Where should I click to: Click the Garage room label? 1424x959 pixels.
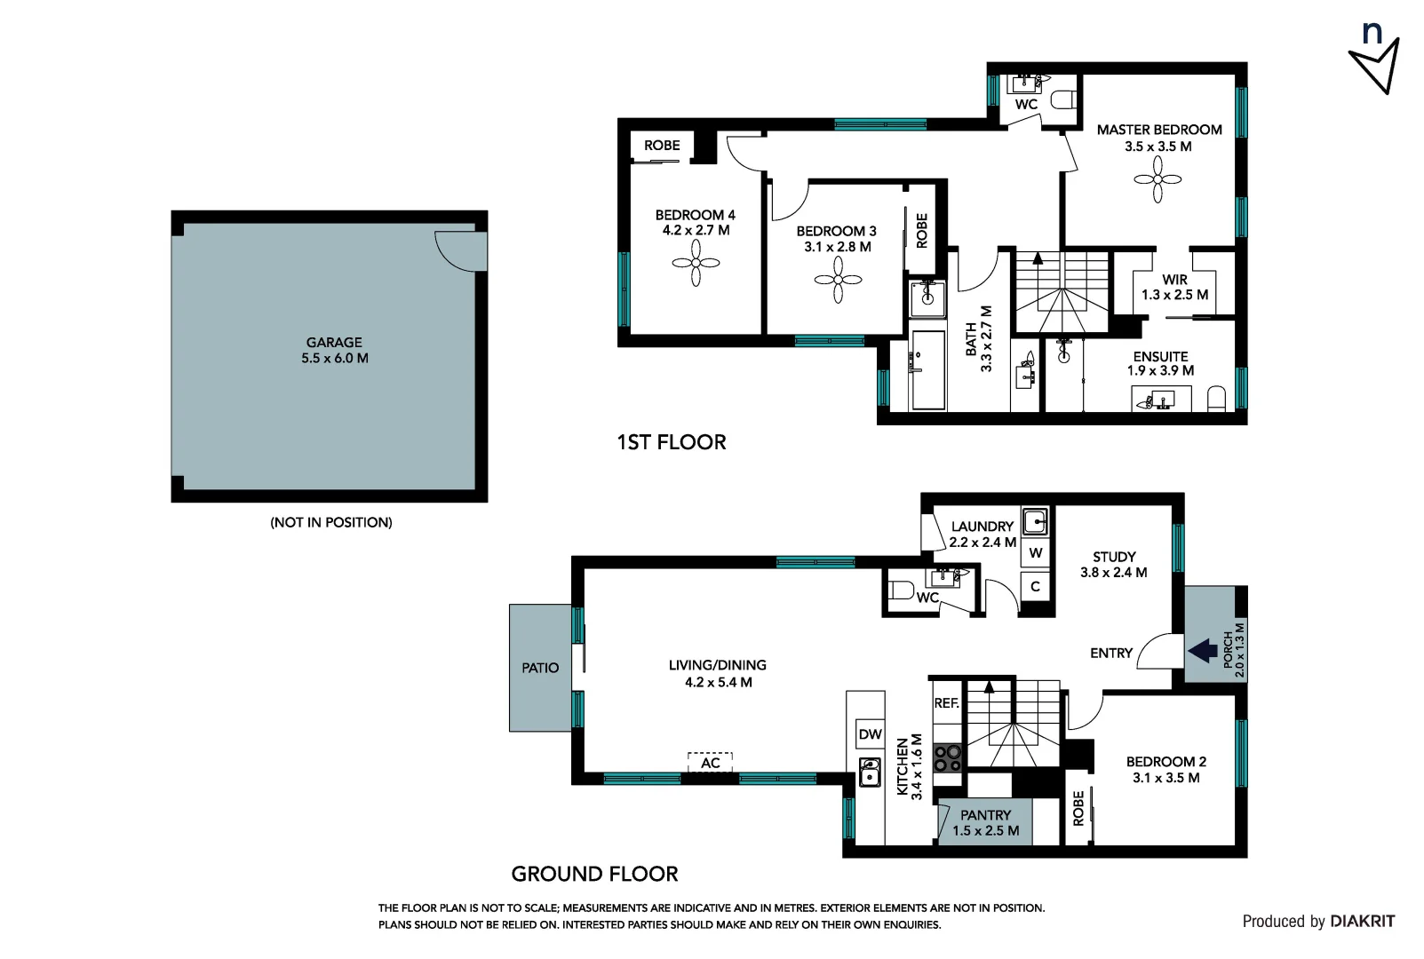click(334, 342)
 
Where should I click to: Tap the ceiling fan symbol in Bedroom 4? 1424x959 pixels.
click(696, 264)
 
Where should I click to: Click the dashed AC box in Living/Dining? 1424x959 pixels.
click(710, 763)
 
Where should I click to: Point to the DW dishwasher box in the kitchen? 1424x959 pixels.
click(870, 734)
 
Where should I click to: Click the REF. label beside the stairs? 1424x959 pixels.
click(946, 703)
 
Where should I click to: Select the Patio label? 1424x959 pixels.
click(540, 668)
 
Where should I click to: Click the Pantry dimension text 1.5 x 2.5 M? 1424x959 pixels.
click(985, 831)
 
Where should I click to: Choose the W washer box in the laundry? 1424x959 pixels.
click(1036, 553)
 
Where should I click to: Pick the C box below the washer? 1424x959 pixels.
click(1035, 587)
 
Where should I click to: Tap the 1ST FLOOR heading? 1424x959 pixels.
click(672, 442)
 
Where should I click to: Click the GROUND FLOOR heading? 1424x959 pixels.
click(594, 874)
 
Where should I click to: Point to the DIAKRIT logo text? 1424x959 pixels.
click(1362, 922)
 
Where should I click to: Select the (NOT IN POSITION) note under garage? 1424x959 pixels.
click(330, 522)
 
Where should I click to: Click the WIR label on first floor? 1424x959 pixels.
click(1174, 280)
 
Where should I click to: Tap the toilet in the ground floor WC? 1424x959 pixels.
click(901, 590)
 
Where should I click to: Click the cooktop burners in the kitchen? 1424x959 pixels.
click(948, 758)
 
